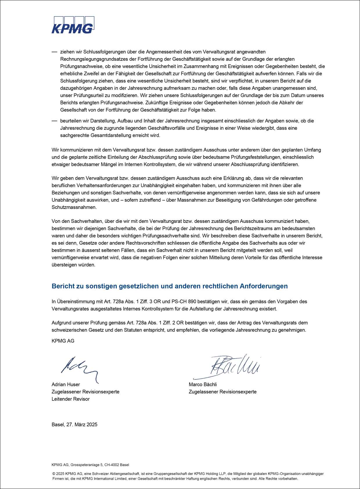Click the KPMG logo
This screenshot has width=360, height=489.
tap(73, 25)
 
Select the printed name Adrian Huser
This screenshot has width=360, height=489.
tap(66, 384)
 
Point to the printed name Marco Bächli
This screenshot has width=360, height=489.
tap(203, 384)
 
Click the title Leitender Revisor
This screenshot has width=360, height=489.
tap(71, 399)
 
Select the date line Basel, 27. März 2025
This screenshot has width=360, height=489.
tap(74, 424)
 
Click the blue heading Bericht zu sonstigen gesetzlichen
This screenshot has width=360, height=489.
tap(170, 286)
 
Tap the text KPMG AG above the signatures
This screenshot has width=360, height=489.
tap(63, 341)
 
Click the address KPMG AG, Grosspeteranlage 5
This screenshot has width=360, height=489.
tap(90, 465)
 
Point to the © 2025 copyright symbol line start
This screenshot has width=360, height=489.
tap(54, 474)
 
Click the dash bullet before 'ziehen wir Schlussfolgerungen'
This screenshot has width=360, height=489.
tap(54, 52)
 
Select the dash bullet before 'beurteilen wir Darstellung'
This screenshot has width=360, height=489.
tap(54, 121)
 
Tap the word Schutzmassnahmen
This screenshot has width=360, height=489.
tap(74, 207)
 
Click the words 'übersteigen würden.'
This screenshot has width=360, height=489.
tap(73, 265)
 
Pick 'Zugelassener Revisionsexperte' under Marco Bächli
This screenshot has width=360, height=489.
tap(223, 392)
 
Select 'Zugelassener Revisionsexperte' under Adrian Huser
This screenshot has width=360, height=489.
tap(85, 392)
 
